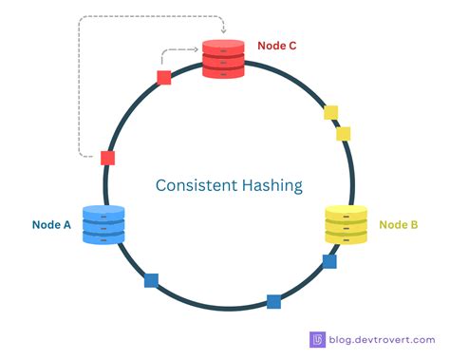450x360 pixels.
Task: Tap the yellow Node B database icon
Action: coord(347,225)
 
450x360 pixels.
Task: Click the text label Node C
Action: coord(276,45)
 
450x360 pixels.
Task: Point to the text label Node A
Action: coord(52,225)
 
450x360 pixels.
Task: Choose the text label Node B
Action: coord(399,225)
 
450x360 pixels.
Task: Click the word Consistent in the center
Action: coord(196,185)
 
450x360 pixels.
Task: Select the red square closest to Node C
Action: coord(164,77)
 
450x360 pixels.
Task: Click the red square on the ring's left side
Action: coord(108,158)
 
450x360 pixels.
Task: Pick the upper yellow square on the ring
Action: coord(330,113)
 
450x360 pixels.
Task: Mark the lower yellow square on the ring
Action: coord(344,134)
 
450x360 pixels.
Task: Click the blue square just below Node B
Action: coord(329,261)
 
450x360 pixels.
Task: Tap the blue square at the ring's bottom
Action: coord(273,301)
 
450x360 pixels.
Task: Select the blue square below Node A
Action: coord(151,280)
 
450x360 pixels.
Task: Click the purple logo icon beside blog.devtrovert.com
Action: coord(318,339)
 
